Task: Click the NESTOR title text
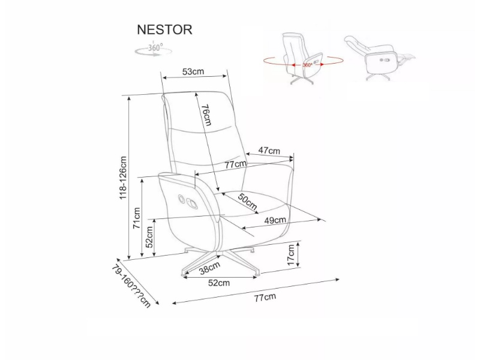(164, 29)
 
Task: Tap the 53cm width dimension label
(193, 72)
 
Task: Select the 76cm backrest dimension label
(205, 115)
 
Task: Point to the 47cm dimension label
(269, 151)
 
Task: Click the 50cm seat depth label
(247, 201)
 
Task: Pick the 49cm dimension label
(275, 220)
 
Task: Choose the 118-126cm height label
(124, 178)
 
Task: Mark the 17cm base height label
(292, 255)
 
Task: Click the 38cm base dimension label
(208, 269)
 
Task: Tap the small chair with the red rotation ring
(303, 58)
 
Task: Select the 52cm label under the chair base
(220, 283)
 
